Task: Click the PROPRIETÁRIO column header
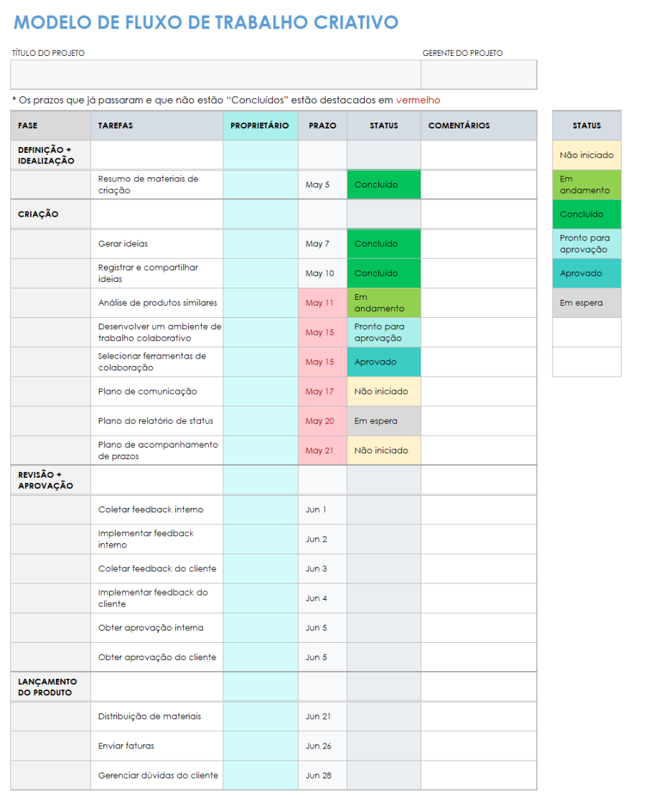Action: tap(260, 126)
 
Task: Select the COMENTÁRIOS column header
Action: tap(459, 126)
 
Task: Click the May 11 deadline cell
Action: tap(319, 303)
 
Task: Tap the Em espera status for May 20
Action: tap(383, 421)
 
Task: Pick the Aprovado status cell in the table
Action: tap(383, 362)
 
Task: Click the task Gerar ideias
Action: tap(123, 244)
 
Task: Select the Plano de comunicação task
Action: tap(147, 392)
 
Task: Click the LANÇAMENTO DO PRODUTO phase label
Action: tap(47, 687)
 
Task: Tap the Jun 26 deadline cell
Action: tap(319, 746)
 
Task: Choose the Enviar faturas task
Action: tap(126, 746)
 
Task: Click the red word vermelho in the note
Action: tap(418, 100)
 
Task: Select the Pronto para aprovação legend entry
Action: tap(586, 244)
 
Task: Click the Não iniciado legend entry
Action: tap(586, 156)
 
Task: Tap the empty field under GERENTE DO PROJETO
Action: tap(478, 75)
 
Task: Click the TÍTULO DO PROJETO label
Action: tap(48, 53)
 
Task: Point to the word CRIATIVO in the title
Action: tap(356, 22)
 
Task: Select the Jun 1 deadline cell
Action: tap(317, 510)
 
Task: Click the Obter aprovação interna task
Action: tap(151, 628)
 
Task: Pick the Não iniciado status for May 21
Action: tap(383, 451)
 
